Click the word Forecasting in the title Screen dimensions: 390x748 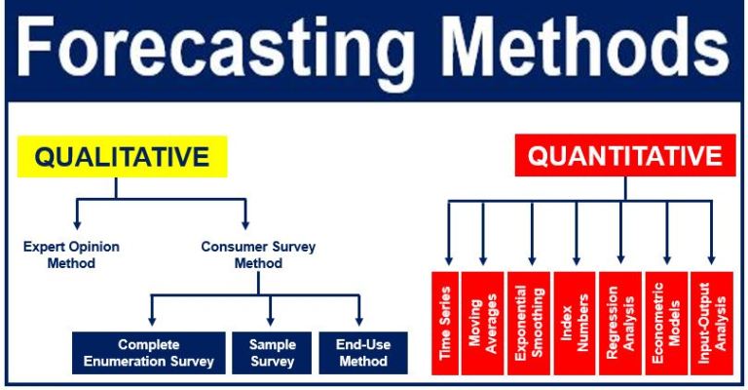click(x=195, y=49)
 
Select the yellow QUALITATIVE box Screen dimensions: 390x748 click(x=122, y=157)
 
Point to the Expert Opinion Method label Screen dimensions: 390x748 click(x=71, y=254)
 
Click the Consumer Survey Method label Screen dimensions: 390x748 click(x=246, y=254)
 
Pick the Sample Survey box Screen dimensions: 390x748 click(x=272, y=353)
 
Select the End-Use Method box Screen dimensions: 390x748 click(x=360, y=353)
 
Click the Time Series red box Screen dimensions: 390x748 click(x=448, y=323)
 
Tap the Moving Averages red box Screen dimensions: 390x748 click(x=483, y=323)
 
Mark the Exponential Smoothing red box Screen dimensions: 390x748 click(x=530, y=323)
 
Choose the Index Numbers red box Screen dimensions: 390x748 click(x=575, y=323)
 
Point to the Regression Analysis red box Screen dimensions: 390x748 click(x=620, y=323)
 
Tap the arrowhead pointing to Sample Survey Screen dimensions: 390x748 click(x=272, y=322)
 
